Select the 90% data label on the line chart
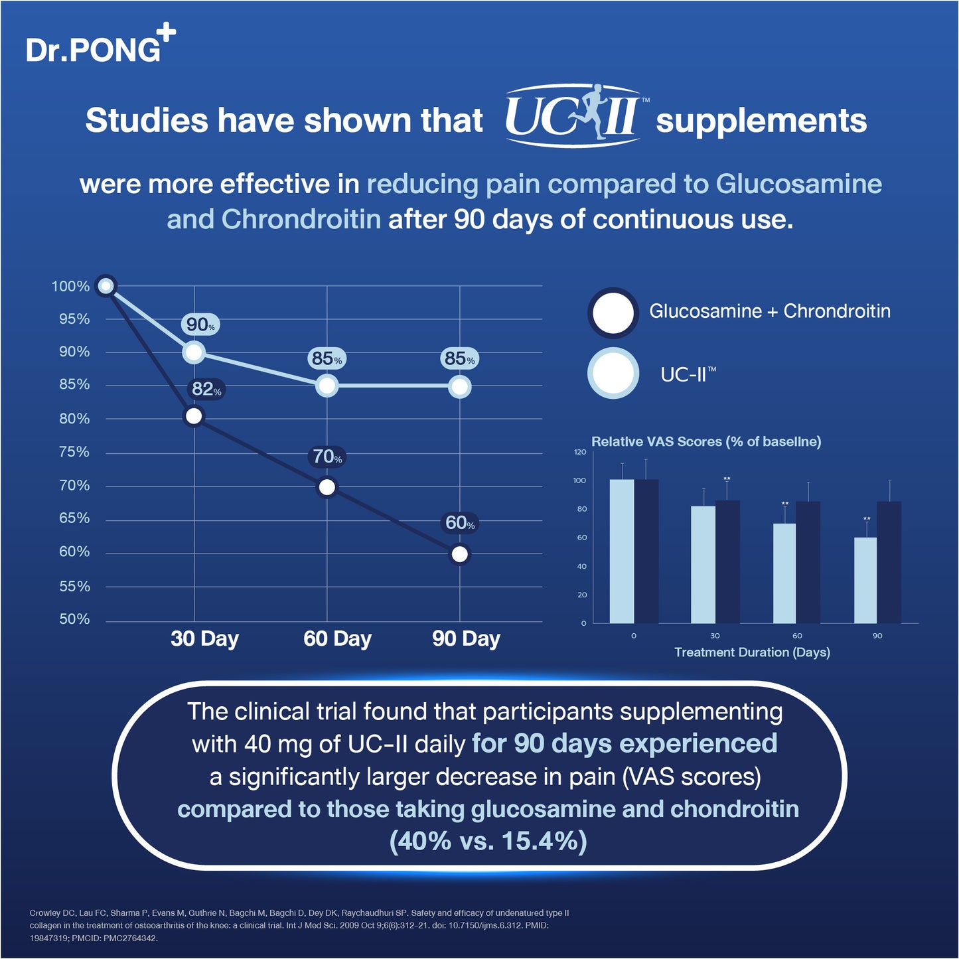click(x=200, y=325)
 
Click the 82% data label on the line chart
click(x=206, y=390)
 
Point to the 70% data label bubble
click(x=327, y=457)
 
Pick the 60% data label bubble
click(x=460, y=523)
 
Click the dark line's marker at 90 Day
click(x=459, y=553)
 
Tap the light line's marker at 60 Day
click(x=327, y=386)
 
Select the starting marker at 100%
click(x=106, y=286)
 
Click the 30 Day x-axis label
click(x=204, y=638)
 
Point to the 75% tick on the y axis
click(x=74, y=452)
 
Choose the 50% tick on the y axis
click(x=74, y=619)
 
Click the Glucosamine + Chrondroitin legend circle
click(x=613, y=313)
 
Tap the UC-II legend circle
click(x=613, y=374)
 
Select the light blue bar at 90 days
click(x=865, y=580)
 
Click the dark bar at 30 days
click(x=727, y=561)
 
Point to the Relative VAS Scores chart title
click(x=706, y=441)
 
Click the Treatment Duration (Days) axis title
click(x=752, y=652)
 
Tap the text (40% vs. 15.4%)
click(x=488, y=841)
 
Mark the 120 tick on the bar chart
click(x=580, y=452)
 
